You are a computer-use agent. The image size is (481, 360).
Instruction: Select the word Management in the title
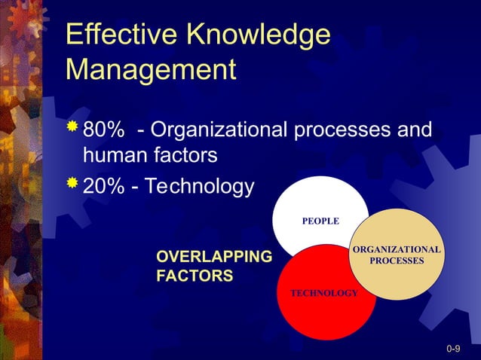point(151,70)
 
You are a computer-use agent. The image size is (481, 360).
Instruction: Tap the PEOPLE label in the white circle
point(320,221)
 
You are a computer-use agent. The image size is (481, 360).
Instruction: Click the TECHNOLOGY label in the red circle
point(324,292)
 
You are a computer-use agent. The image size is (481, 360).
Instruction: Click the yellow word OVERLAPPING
point(213,258)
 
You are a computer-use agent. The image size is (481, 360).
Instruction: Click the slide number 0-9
point(453,349)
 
